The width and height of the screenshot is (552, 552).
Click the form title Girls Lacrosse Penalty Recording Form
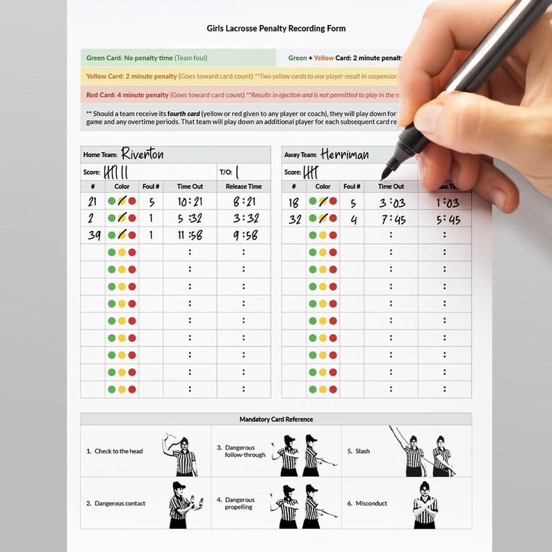[x=276, y=29]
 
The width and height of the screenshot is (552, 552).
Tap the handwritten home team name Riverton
[x=143, y=154]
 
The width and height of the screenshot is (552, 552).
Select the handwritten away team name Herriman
[x=345, y=154]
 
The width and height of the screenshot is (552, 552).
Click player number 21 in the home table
[x=92, y=202]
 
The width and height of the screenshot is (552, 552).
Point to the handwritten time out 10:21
[x=190, y=202]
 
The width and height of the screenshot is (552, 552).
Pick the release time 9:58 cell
[x=244, y=235]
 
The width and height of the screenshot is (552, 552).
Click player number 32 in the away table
[x=294, y=218]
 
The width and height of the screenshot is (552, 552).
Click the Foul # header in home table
[x=151, y=186]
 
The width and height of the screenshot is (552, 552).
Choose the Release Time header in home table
[x=244, y=186]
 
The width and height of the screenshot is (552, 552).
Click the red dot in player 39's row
[x=132, y=235]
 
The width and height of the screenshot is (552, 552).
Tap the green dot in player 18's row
[x=313, y=202]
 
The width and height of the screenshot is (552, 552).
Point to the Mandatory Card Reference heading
[x=276, y=419]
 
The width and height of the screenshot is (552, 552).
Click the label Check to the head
[x=119, y=451]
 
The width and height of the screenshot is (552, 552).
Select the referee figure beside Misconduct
[x=425, y=502]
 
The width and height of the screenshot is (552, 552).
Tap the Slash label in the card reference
[x=363, y=451]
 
